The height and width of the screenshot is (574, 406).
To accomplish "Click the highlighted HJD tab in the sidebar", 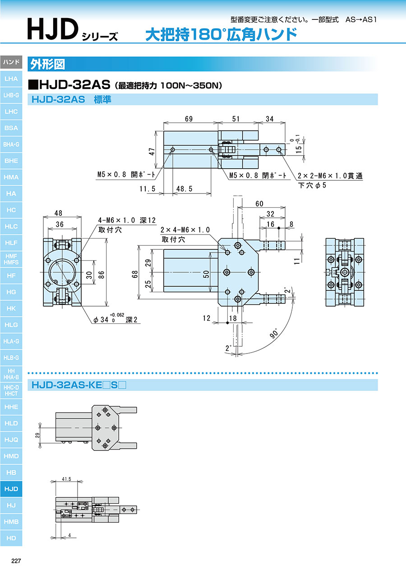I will (11, 489).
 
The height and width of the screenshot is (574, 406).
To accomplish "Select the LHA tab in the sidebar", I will (11, 79).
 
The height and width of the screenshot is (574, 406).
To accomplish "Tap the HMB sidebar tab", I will (11, 522).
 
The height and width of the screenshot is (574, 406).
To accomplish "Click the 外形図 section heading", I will (47, 64).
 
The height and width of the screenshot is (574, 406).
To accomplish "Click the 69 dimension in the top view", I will (189, 119).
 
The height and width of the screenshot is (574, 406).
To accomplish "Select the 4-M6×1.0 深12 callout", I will (127, 220).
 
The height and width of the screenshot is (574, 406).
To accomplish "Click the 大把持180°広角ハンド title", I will (221, 35).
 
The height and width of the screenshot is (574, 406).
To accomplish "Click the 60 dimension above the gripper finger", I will (259, 204).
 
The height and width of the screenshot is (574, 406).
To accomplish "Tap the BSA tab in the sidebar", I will (11, 128).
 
